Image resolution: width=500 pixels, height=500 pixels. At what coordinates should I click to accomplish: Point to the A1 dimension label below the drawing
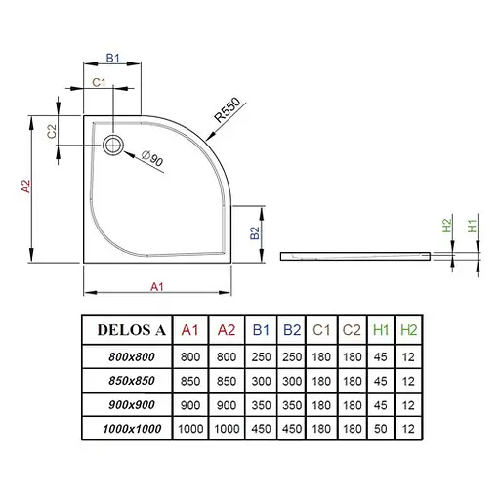coord(156,286)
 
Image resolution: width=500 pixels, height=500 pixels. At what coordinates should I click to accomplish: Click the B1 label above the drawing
coord(112,59)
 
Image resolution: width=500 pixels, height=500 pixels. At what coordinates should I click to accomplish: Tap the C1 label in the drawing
coord(99,84)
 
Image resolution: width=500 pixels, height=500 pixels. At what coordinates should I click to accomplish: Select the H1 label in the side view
coord(473,226)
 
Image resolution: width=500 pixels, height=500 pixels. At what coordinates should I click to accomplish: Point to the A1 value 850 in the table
coord(191,381)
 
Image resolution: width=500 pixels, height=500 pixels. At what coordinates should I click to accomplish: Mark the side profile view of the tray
coord(355,255)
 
